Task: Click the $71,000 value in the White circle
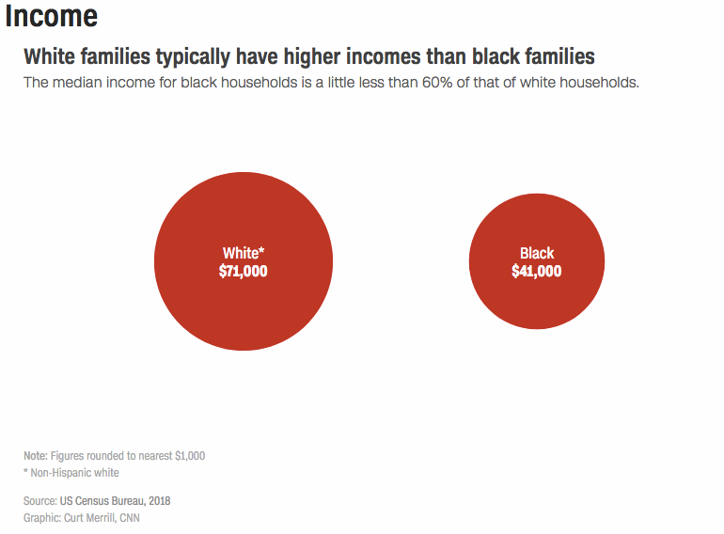[x=243, y=271]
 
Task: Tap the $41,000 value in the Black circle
[x=537, y=271]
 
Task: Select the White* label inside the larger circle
[x=244, y=253]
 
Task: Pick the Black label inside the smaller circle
[x=537, y=253]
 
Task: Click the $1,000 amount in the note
[x=190, y=456]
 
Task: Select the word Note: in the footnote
[x=36, y=456]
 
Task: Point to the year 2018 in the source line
[x=159, y=501]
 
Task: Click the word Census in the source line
[x=90, y=501]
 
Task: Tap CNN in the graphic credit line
[x=130, y=518]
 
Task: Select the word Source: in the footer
[x=40, y=501]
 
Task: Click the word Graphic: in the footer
[x=42, y=518]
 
